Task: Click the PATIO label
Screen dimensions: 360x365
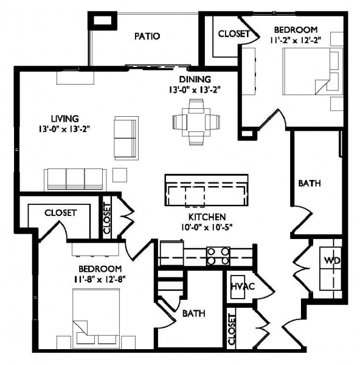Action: (147, 36)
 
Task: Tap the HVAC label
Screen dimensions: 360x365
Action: (243, 286)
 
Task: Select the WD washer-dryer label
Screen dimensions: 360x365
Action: (332, 260)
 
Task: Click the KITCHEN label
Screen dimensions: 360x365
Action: (207, 217)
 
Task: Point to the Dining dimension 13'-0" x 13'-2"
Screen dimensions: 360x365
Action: (195, 90)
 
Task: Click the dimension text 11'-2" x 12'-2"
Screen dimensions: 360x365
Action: (296, 40)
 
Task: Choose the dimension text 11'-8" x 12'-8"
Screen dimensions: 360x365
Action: (100, 279)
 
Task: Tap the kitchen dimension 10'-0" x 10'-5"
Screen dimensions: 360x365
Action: (207, 227)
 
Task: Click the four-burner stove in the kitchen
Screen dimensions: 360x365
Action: (218, 256)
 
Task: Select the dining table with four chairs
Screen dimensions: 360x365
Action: (196, 122)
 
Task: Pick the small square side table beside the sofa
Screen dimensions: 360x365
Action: (120, 175)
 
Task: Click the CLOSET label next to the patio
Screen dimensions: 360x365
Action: (234, 34)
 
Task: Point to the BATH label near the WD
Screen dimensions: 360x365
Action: (310, 184)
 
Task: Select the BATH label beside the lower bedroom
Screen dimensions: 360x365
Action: (194, 313)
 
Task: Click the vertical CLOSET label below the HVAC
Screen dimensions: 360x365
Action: (232, 329)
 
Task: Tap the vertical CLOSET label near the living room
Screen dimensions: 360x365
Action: (107, 218)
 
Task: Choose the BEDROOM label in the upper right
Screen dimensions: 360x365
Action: (296, 30)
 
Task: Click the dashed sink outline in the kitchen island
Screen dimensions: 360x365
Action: (195, 196)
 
